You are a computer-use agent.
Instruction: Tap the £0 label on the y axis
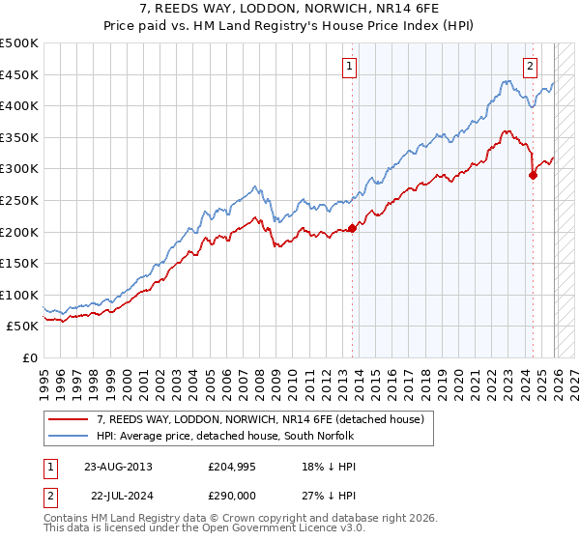[x=31, y=357]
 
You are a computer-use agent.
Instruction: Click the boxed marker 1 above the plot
[x=348, y=67]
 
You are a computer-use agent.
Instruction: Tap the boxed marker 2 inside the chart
[x=531, y=67]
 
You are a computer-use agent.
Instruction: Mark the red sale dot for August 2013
[x=352, y=228]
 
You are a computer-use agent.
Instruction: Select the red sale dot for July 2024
[x=533, y=175]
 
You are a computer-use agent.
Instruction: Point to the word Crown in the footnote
[x=252, y=519]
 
